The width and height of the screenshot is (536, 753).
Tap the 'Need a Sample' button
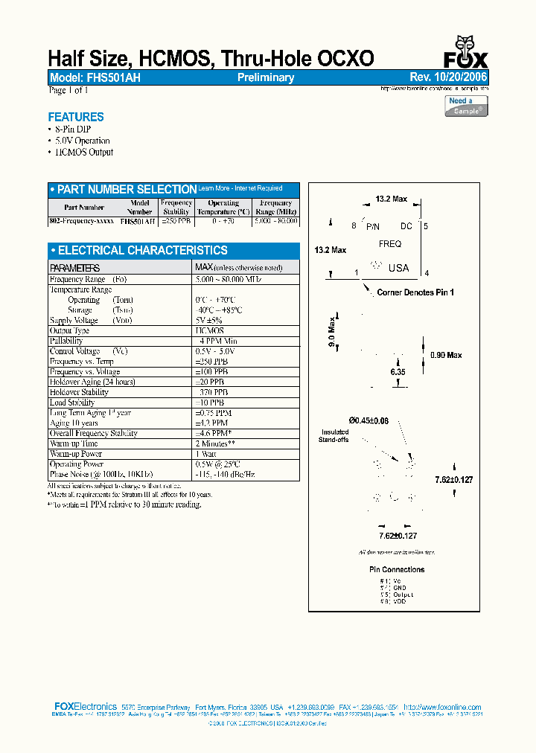tap(467, 106)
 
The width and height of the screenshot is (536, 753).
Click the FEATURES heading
tap(76, 117)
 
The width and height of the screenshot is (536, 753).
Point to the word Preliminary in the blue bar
tap(266, 77)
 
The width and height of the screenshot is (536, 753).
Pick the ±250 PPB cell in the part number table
tap(176, 221)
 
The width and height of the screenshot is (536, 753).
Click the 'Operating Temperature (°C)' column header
tap(223, 207)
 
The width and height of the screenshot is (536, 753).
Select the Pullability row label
tap(66, 341)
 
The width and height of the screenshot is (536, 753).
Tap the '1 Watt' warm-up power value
tap(207, 454)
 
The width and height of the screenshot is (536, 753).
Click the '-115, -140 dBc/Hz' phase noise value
tap(225, 474)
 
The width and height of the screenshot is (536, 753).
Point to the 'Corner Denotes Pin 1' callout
tap(415, 292)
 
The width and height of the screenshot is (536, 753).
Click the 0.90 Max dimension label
tap(446, 355)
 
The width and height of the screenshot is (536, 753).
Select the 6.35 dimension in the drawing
tap(398, 371)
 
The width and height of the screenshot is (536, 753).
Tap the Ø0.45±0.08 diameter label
tap(368, 420)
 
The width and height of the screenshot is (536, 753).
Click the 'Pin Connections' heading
tap(397, 569)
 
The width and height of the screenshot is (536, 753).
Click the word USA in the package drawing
tap(398, 268)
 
